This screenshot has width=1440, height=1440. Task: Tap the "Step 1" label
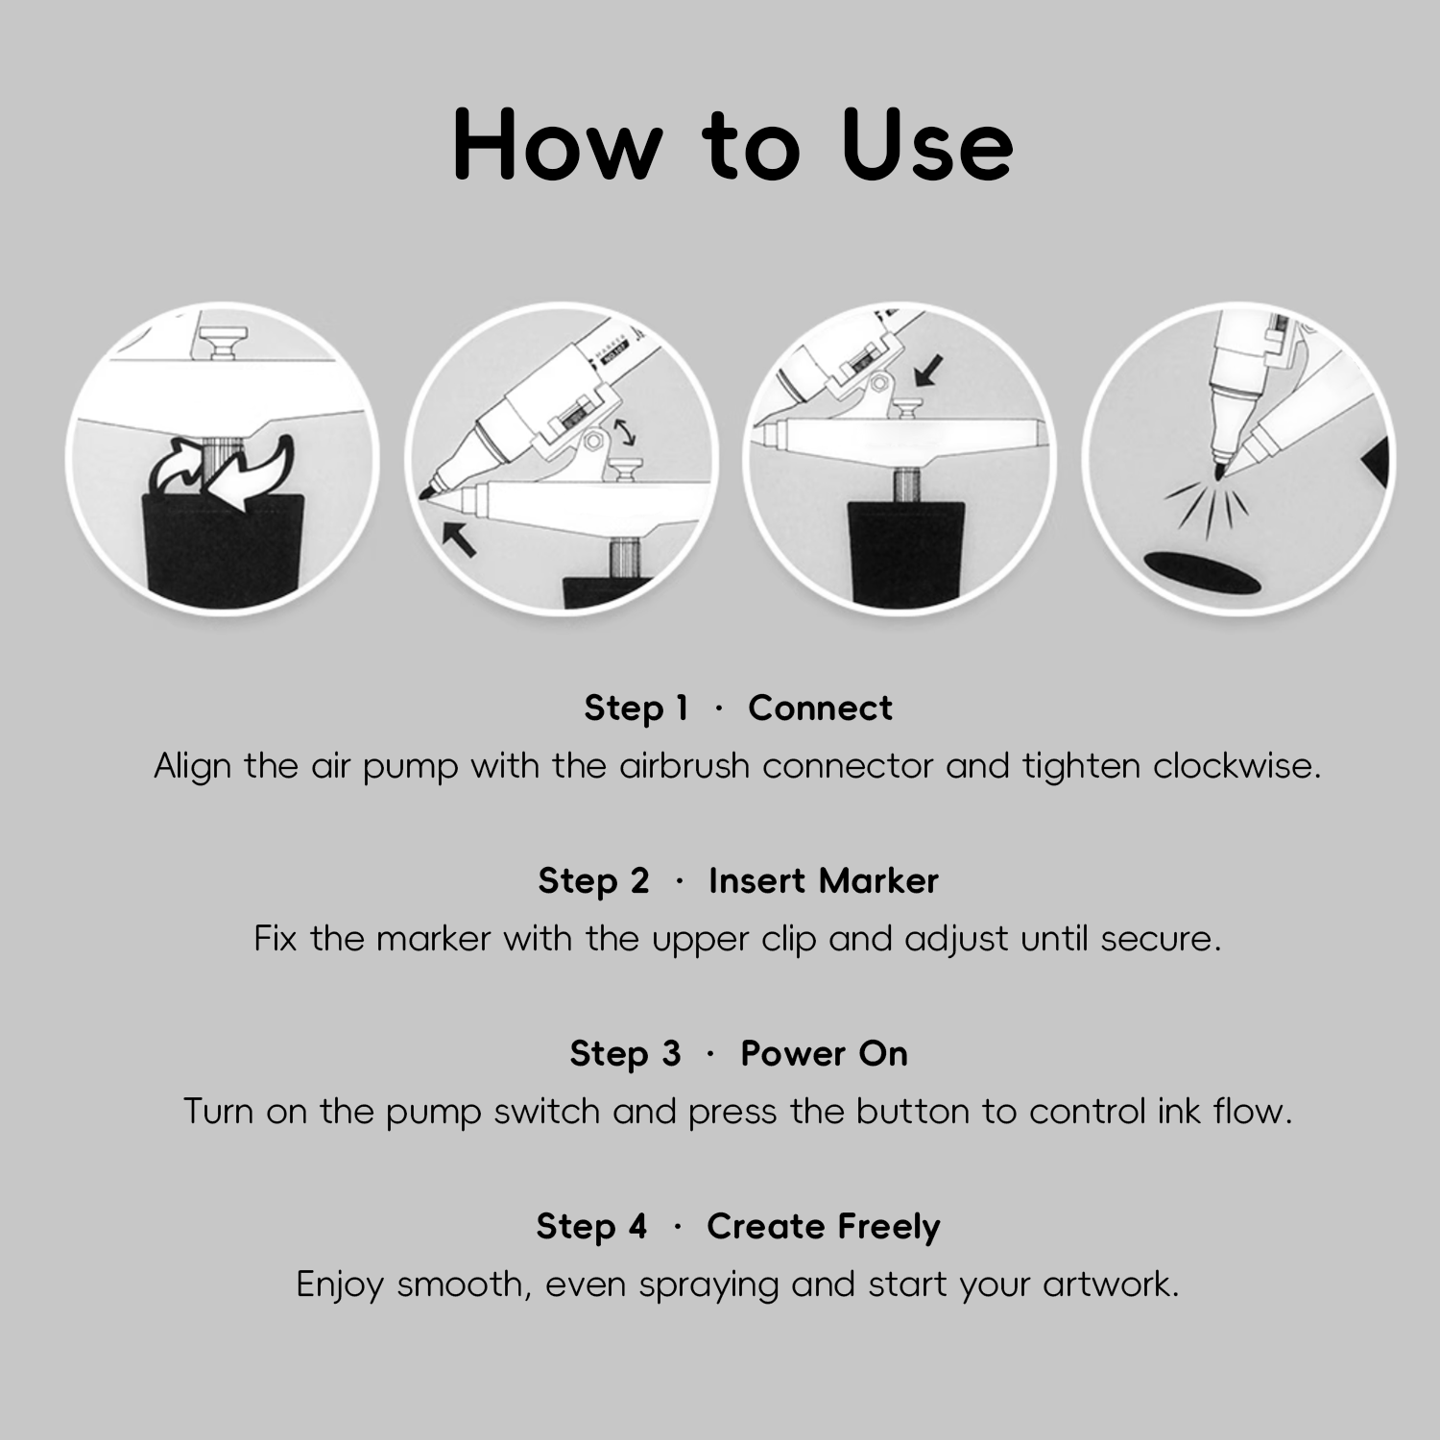[636, 708]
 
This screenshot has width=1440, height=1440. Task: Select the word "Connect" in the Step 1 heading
[820, 708]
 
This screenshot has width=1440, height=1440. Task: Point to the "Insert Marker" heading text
[824, 881]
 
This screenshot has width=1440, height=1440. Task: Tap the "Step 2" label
[593, 881]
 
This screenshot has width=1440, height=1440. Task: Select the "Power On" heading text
[824, 1054]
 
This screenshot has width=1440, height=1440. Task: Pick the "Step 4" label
[591, 1227]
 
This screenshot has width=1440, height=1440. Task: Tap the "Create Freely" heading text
[824, 1227]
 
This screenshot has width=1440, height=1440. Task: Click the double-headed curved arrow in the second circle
[625, 431]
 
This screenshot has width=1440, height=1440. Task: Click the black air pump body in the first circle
[224, 550]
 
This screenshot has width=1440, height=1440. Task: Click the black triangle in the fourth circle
[1378, 462]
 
